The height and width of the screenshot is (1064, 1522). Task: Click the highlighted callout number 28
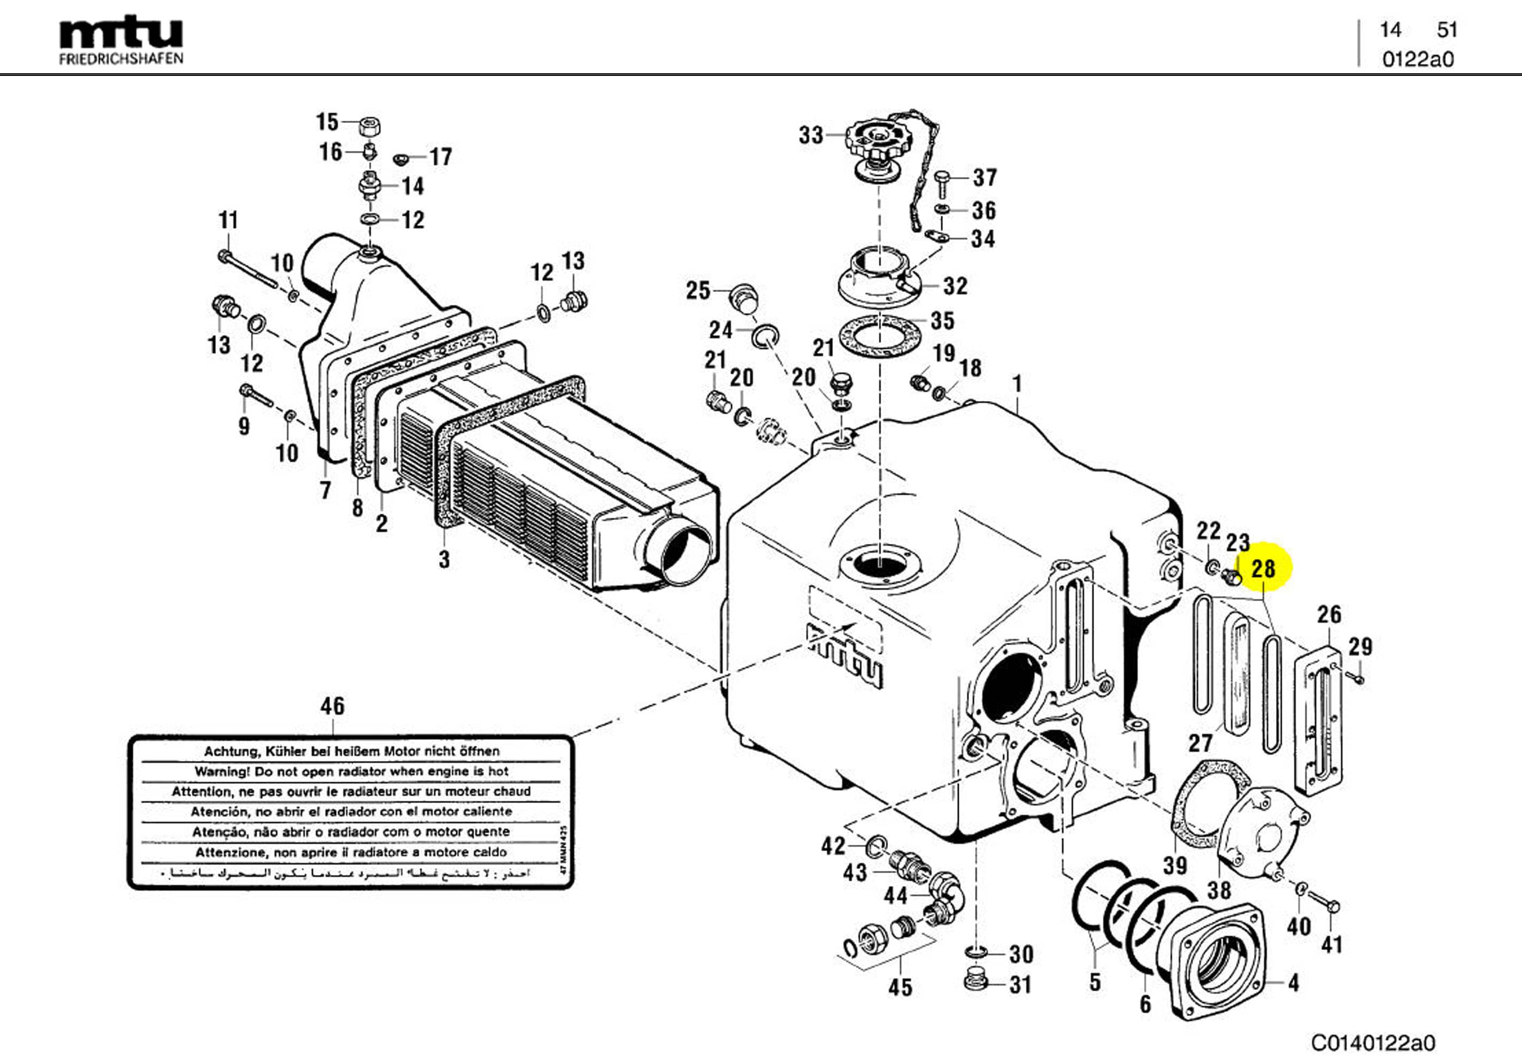click(x=1263, y=569)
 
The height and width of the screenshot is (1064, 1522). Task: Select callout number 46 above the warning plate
click(x=332, y=706)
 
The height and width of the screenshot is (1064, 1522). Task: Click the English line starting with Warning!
click(x=351, y=771)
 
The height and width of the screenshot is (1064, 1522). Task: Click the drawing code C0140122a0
click(x=1373, y=1043)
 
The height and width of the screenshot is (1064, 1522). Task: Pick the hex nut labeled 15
click(x=368, y=125)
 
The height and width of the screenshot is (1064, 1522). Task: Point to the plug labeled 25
click(x=744, y=299)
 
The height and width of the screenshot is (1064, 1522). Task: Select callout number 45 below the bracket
click(x=900, y=987)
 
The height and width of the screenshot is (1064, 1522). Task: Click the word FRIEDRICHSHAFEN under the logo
click(x=121, y=58)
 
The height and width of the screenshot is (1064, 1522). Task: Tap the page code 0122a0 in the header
click(x=1417, y=60)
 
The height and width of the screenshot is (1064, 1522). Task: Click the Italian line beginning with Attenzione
click(x=351, y=852)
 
